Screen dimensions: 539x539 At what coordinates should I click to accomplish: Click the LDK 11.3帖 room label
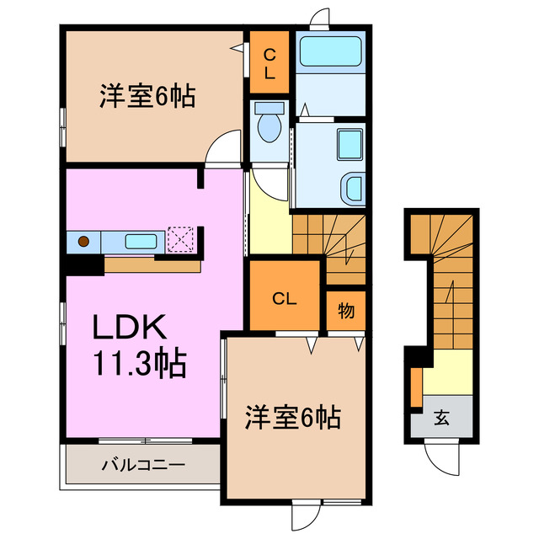tap(139, 345)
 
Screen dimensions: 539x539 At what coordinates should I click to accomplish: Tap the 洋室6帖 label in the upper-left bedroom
tap(148, 97)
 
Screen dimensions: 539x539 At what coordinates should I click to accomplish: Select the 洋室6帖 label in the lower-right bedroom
tap(292, 417)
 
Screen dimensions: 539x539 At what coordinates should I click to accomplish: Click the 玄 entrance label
tap(441, 416)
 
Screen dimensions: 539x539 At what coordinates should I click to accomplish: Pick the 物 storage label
tap(345, 311)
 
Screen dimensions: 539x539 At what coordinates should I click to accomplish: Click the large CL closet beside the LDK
tap(285, 296)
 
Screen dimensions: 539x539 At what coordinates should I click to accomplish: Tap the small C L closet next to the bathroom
tap(269, 63)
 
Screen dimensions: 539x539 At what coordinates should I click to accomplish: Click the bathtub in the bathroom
tap(330, 52)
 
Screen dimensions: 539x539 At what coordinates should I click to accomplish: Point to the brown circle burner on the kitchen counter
tap(83, 242)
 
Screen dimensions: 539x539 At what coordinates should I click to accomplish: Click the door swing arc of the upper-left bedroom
tap(221, 147)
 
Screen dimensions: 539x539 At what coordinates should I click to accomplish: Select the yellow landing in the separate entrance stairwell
tap(447, 371)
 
